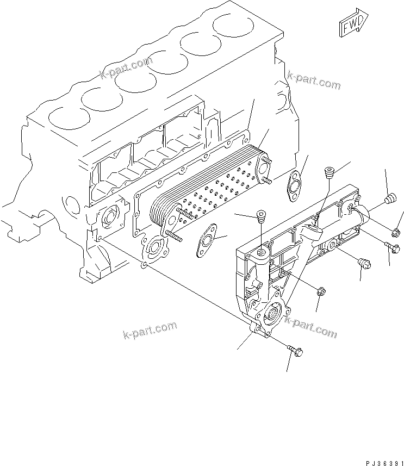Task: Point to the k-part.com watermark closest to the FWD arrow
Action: click(314, 80)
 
